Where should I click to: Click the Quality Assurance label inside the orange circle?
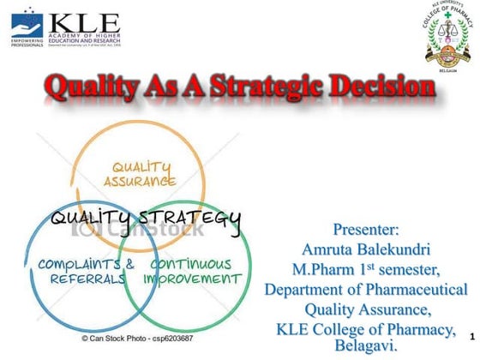point(141,174)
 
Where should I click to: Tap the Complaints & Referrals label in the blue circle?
point(85,272)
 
